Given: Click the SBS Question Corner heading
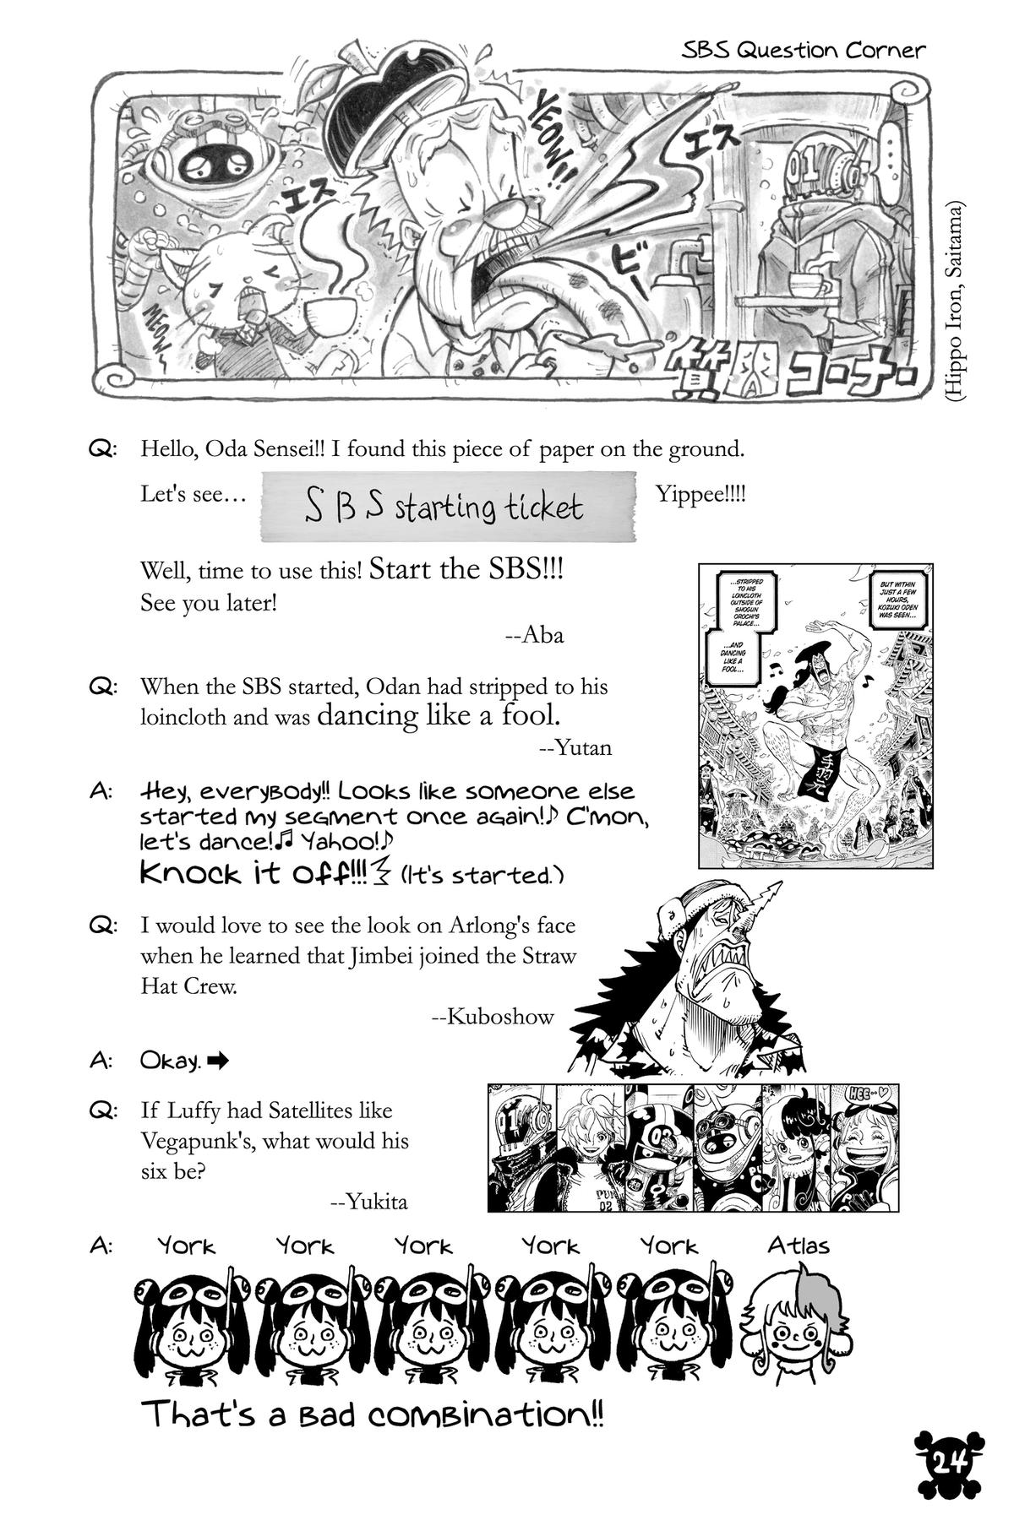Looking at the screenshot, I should point(804,50).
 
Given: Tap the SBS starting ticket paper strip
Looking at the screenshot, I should point(447,507).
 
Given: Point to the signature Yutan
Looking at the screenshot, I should point(575,746).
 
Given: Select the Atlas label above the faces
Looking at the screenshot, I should point(798,1245).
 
